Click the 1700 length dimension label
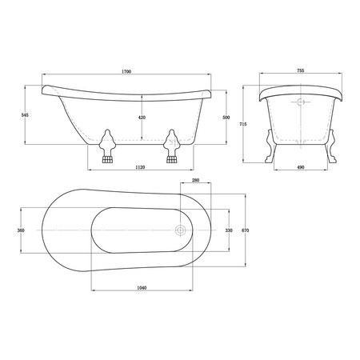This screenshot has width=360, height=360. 126,71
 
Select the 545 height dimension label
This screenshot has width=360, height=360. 25,115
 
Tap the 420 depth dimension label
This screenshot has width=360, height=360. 142,118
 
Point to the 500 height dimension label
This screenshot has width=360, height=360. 226,118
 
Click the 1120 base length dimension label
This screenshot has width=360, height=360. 140,167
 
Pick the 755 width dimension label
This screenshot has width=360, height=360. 301,70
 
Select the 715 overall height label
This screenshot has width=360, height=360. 243,124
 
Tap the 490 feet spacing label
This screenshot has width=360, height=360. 301,167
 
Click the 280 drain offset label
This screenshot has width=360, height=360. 196,180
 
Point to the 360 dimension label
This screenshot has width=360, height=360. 21,230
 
